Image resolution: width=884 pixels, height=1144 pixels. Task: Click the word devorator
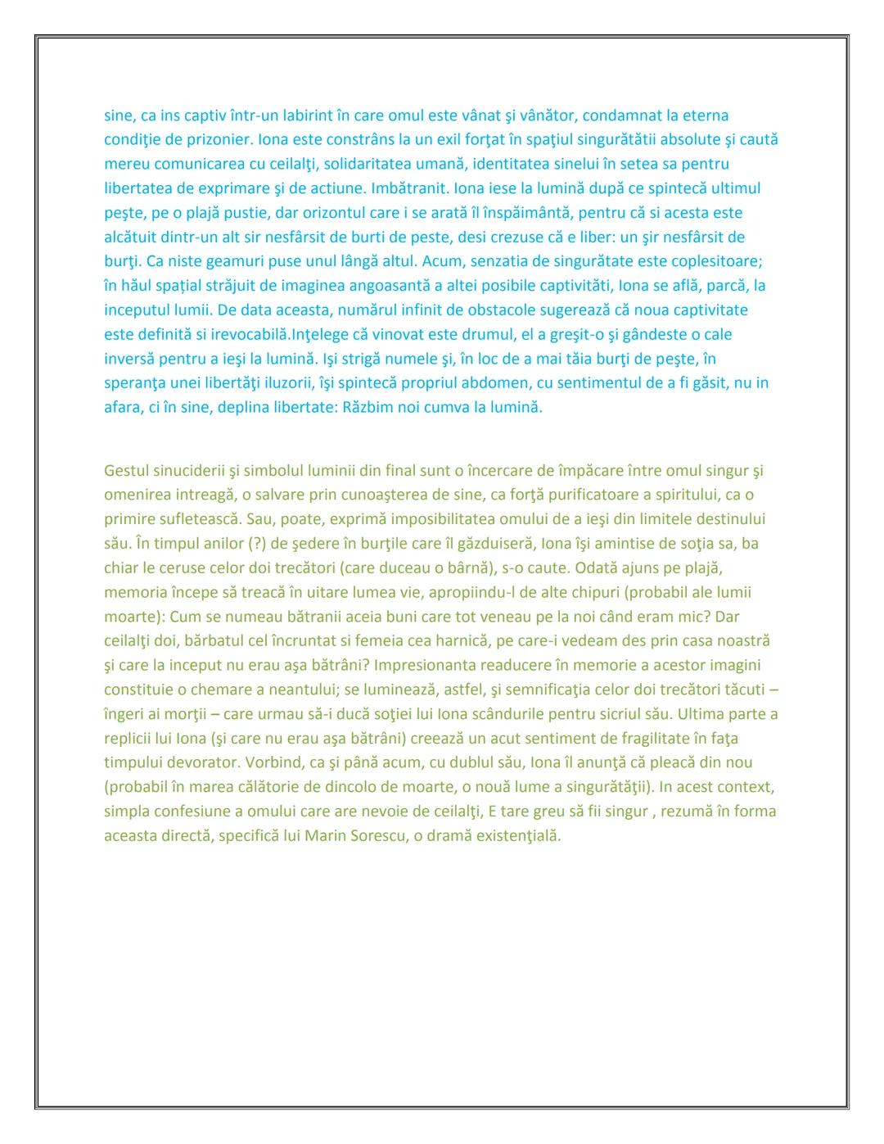[200, 762]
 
